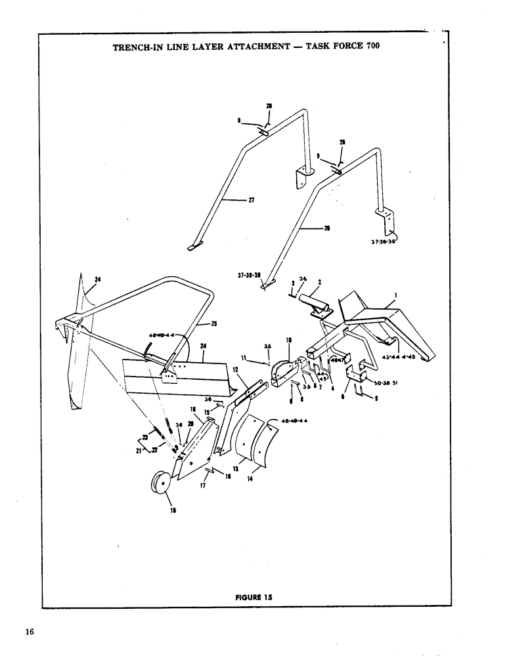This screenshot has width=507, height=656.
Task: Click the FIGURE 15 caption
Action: pyautogui.click(x=253, y=596)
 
